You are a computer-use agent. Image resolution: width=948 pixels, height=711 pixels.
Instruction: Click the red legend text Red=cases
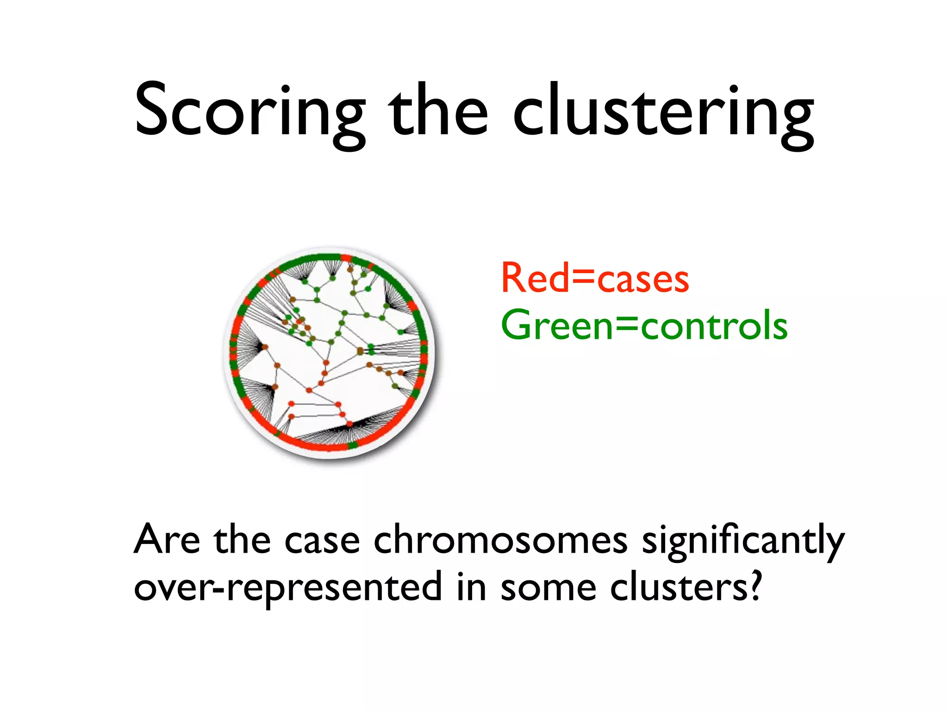click(x=595, y=279)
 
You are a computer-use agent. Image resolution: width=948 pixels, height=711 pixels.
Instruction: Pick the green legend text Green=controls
click(x=644, y=325)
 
